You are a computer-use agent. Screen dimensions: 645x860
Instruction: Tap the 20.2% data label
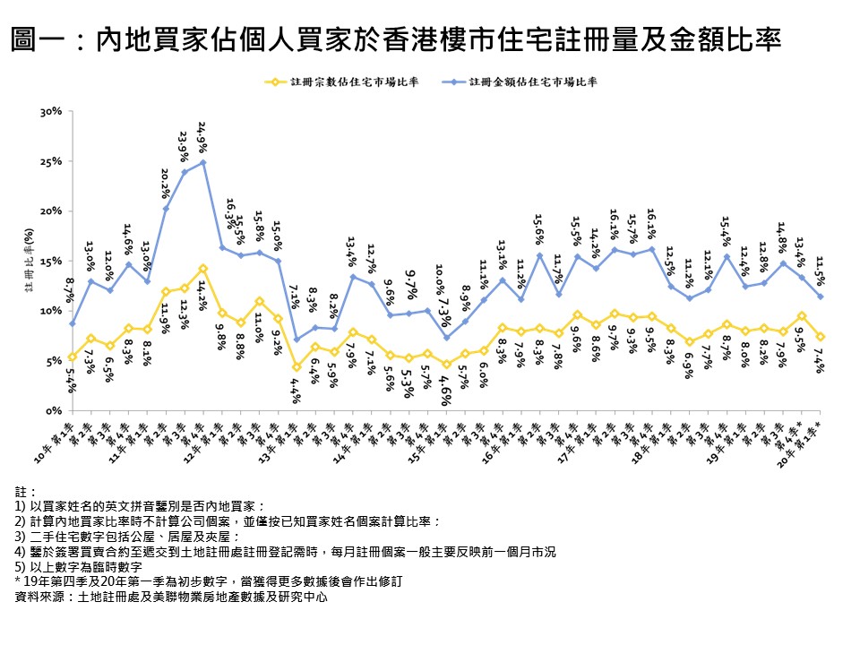pyautogui.click(x=165, y=183)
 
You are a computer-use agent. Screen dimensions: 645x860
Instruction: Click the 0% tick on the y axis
pyautogui.click(x=53, y=410)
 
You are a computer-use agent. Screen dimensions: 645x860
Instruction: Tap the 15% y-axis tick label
pyautogui.click(x=49, y=261)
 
